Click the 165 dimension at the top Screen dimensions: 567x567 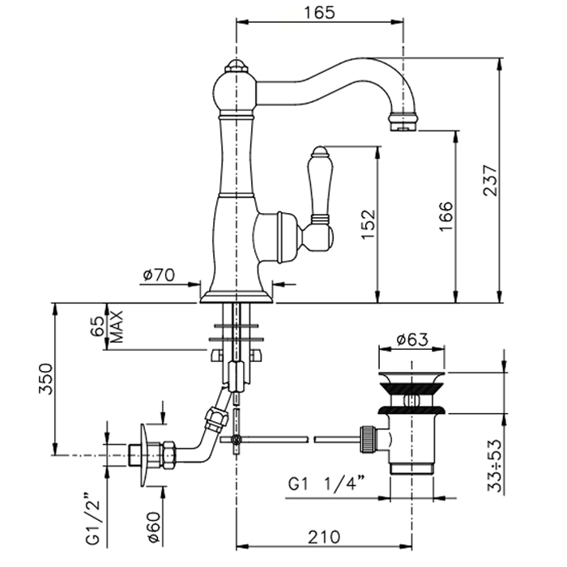point(319,12)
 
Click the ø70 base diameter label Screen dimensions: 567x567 point(159,275)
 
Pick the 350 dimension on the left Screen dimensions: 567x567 point(46,377)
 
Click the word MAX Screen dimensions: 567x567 point(117,326)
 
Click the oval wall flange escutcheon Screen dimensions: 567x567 point(145,455)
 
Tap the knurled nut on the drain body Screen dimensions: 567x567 point(369,441)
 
